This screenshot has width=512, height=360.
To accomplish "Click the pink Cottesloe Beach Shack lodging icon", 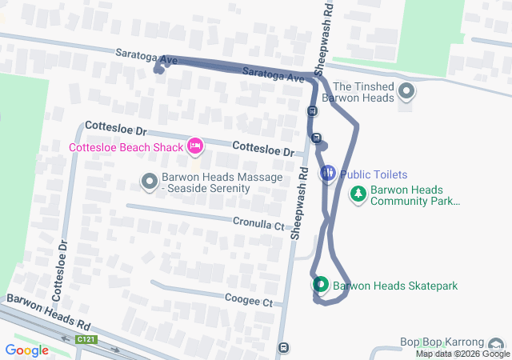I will point(194,146).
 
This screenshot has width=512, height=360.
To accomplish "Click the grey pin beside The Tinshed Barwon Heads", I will point(407,92).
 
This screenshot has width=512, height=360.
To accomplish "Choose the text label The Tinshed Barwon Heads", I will point(364,92).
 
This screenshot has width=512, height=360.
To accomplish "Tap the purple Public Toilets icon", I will point(328,174).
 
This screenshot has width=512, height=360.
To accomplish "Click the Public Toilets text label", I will point(374,174).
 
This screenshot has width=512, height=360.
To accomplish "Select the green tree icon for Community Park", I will point(358,194).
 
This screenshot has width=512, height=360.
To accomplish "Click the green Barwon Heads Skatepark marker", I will point(320,285).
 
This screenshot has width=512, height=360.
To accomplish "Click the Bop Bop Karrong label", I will point(448,342).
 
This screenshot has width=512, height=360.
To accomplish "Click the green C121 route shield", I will point(86,340).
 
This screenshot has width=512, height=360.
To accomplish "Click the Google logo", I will point(26,350).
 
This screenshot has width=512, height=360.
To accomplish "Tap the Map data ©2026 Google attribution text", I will point(462,354).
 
